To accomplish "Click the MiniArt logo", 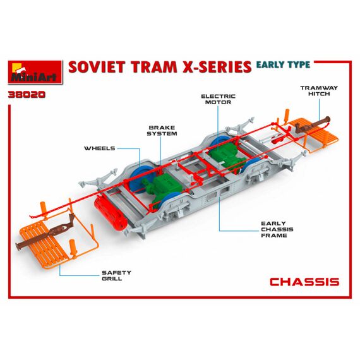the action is coord(35,72).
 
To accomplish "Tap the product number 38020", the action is coord(27,95).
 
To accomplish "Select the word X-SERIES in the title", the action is coord(217,67).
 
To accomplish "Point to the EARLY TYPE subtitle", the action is coord(283,65).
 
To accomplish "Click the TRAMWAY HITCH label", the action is coord(319,91).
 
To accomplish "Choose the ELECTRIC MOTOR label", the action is coord(218,99).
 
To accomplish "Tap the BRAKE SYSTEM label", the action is coord(162,130).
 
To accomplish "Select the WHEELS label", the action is coord(99,148).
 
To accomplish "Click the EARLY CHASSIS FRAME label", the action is coord(277,229).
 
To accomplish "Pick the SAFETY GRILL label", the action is coord(116,275).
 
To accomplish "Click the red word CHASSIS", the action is coord(304,282).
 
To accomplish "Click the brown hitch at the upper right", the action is coord(313,125).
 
